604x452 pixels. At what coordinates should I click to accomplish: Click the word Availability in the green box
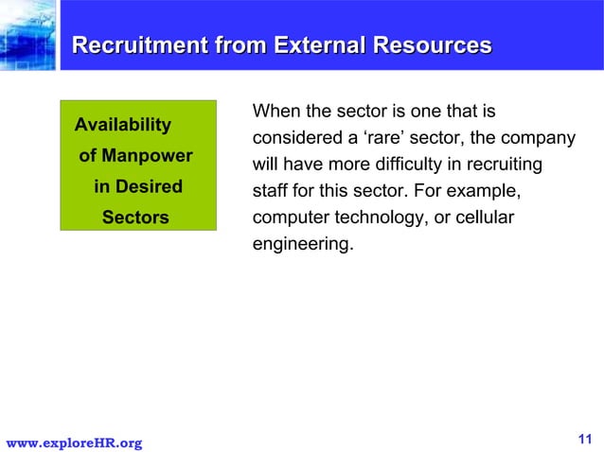point(123,125)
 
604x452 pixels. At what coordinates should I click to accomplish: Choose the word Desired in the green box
point(150,186)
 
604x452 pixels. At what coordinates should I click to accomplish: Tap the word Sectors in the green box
point(135,217)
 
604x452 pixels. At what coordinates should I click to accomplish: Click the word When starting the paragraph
point(276,113)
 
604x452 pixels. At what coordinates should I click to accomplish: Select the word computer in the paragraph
point(288,218)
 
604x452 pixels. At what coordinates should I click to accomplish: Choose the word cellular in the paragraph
point(484,218)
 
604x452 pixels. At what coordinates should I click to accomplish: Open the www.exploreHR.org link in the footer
point(75,443)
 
